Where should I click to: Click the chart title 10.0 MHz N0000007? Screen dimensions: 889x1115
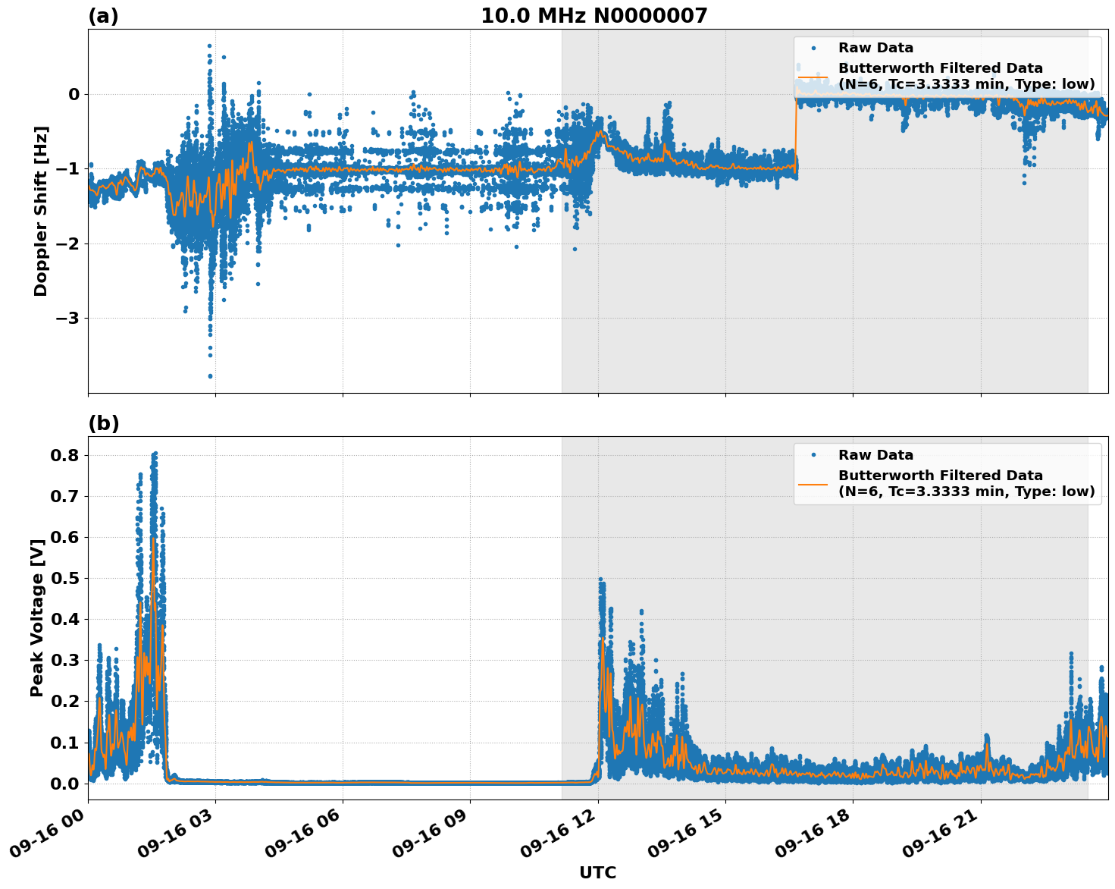tap(594, 16)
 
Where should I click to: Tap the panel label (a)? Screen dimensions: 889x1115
tap(103, 16)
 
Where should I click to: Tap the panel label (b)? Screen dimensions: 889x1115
tap(103, 423)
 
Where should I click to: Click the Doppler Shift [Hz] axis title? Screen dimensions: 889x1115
tap(41, 211)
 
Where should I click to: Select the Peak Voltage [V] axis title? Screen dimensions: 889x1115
tap(37, 617)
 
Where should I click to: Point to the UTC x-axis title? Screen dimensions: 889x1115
tap(597, 872)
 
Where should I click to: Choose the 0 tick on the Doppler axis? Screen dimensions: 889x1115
tap(74, 95)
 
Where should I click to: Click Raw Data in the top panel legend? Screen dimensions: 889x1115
tap(875, 48)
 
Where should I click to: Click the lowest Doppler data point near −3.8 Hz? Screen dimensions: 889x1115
tap(210, 376)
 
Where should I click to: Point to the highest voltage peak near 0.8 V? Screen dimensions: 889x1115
tap(155, 454)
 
